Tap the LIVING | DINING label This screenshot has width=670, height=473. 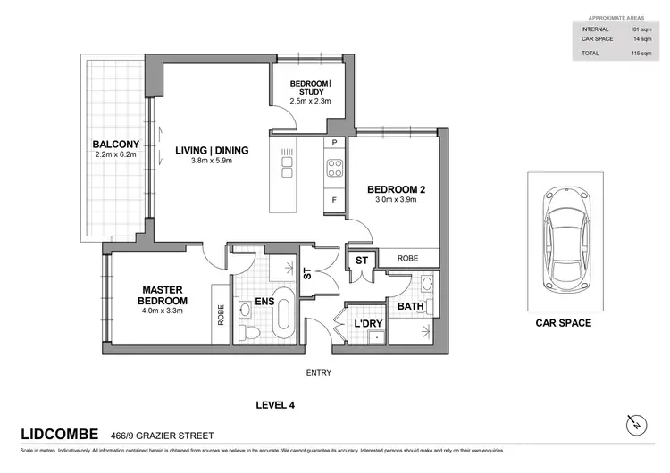click(212, 150)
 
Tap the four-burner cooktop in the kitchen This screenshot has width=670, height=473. click(335, 169)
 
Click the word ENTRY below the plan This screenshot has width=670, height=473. click(320, 372)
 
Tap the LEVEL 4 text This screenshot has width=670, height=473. click(274, 404)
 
